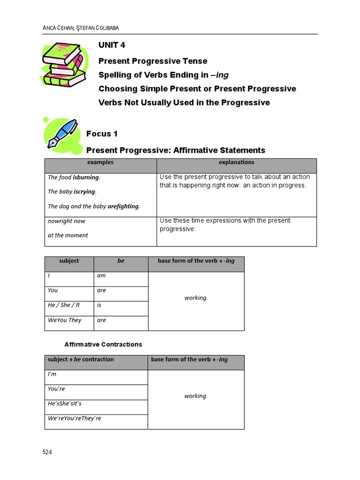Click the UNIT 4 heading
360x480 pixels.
click(112, 45)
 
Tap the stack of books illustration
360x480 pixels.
click(64, 65)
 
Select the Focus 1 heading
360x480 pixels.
click(102, 134)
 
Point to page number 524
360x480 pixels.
click(47, 452)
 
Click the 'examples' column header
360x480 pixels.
click(100, 163)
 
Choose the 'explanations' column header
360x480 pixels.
click(236, 163)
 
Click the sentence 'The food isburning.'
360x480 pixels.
click(74, 178)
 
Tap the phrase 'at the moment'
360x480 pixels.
click(67, 235)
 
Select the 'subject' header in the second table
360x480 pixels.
click(69, 261)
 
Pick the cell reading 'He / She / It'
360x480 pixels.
click(64, 305)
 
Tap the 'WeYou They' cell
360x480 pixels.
click(65, 320)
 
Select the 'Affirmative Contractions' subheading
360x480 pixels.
click(103, 345)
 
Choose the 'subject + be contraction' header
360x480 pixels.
click(81, 360)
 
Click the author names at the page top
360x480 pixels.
click(81, 28)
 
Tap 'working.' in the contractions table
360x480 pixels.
click(196, 396)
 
